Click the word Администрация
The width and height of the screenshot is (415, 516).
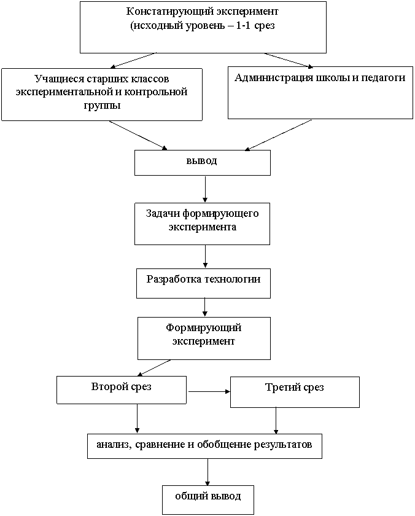click(274, 77)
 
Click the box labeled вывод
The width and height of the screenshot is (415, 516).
click(203, 163)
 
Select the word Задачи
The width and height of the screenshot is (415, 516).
click(163, 214)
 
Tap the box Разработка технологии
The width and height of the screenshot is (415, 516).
click(204, 283)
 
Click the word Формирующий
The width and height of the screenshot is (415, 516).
click(204, 328)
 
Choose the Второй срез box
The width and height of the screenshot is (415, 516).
click(122, 390)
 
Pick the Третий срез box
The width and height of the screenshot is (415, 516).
click(295, 393)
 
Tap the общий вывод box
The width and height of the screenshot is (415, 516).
click(208, 499)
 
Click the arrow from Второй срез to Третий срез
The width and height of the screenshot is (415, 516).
click(209, 392)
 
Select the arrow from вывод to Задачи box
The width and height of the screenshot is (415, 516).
click(205, 189)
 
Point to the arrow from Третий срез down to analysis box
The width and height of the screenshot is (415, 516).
click(276, 421)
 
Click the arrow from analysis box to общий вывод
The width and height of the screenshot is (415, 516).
click(208, 472)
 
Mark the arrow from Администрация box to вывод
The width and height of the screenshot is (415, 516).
click(279, 135)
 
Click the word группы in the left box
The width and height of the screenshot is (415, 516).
click(102, 106)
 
